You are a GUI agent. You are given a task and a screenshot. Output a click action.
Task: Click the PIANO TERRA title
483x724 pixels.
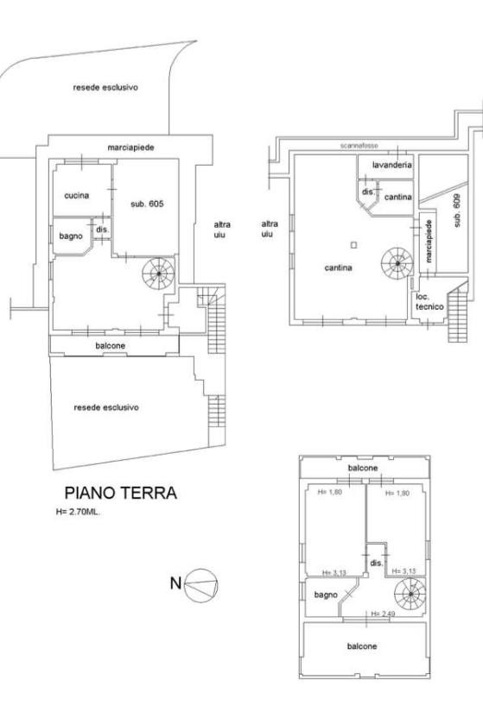(x=120, y=493)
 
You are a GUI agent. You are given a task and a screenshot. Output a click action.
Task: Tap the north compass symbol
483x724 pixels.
(x=200, y=584)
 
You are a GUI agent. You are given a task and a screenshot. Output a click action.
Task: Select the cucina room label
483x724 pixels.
(x=77, y=195)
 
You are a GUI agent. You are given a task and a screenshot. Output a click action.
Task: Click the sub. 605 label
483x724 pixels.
(x=147, y=204)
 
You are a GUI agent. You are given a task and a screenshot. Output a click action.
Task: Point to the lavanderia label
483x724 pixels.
(x=392, y=165)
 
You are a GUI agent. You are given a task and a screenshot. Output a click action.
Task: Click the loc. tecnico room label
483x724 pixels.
(x=429, y=301)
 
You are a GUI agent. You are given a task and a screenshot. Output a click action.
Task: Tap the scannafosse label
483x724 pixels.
(x=359, y=146)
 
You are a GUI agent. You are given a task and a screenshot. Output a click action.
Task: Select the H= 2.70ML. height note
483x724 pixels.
(x=78, y=512)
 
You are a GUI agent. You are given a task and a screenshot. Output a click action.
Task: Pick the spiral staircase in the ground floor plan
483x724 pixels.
(x=158, y=274)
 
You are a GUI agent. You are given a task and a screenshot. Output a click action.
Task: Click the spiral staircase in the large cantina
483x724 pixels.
(x=397, y=263)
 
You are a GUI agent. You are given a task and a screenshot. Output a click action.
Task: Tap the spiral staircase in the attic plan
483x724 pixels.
(x=410, y=594)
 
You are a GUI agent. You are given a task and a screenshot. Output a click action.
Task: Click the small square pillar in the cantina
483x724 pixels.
(x=353, y=245)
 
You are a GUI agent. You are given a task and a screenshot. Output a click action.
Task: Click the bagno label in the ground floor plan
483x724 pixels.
(x=71, y=236)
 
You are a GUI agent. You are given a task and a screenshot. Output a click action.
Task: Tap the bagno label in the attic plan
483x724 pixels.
(x=326, y=595)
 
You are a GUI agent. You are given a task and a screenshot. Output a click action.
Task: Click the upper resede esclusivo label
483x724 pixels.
(x=105, y=87)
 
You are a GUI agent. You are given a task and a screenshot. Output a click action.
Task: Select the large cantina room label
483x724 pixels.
(x=339, y=268)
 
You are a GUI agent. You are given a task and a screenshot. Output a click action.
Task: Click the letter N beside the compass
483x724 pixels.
(x=175, y=583)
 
